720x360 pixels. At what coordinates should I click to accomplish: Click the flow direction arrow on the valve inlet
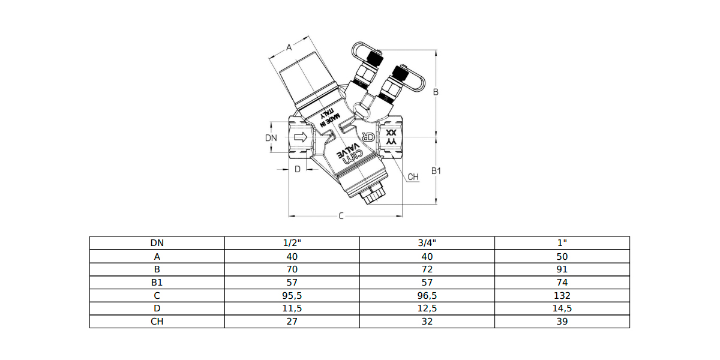tap(301, 137)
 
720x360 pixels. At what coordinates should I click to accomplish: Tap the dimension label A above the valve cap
tap(289, 47)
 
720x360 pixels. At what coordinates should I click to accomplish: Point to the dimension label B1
tap(436, 171)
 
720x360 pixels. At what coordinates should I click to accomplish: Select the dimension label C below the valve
tap(341, 216)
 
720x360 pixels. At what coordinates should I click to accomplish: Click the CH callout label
tap(413, 177)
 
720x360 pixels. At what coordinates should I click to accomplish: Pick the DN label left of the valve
tap(271, 138)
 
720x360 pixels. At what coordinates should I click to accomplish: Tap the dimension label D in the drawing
tap(298, 169)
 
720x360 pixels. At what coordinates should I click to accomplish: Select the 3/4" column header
tap(427, 243)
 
